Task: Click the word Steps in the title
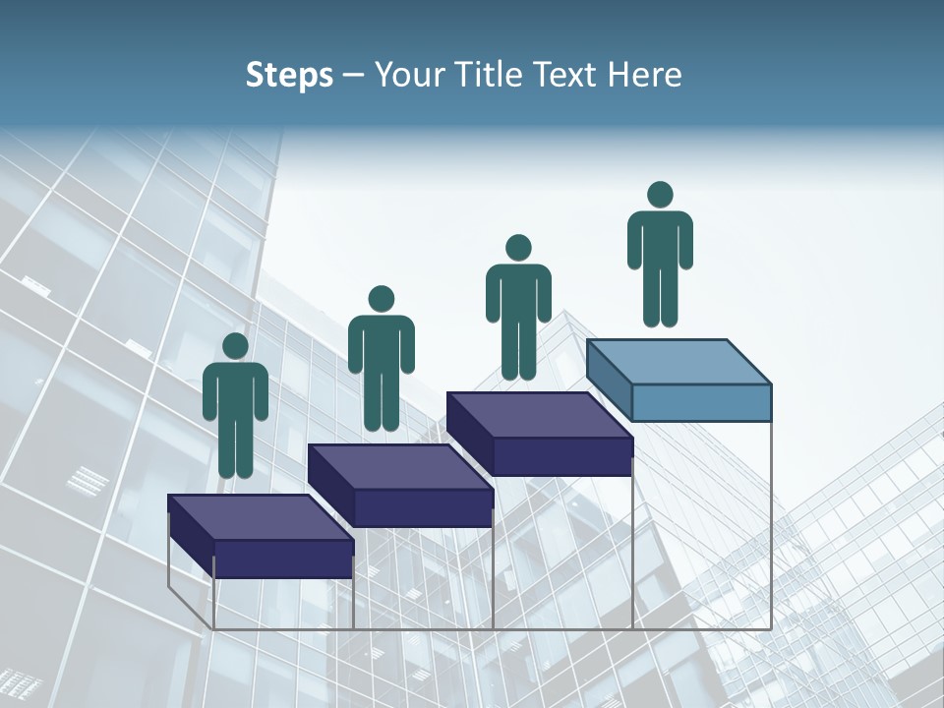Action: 289,75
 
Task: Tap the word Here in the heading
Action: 644,75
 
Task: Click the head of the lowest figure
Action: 235,346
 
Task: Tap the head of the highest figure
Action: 660,195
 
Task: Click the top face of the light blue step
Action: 678,362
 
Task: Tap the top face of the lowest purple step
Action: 260,517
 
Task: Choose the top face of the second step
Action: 399,467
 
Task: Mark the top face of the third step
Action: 539,415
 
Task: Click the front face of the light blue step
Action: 701,402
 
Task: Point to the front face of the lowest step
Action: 283,559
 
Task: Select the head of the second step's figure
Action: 381,299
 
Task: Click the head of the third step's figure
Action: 518,248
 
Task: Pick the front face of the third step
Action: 561,456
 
